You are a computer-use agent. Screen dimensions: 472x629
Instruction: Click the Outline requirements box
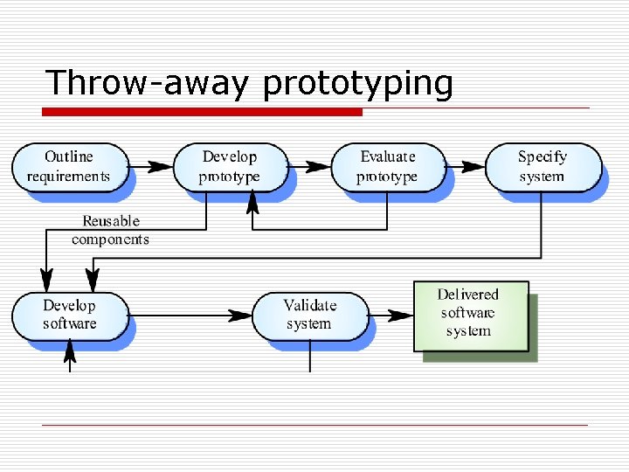[x=69, y=167]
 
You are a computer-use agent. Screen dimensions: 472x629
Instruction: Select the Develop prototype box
[x=230, y=167]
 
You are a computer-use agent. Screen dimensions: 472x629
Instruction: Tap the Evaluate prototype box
[x=387, y=167]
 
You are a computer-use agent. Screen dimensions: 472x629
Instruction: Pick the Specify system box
[x=543, y=167]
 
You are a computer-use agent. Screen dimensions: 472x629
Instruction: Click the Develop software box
[x=70, y=316]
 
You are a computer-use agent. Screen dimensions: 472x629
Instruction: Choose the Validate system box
[x=309, y=316]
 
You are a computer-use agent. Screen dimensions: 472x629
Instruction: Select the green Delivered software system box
[x=470, y=316]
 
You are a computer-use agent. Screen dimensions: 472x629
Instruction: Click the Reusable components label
[x=110, y=231]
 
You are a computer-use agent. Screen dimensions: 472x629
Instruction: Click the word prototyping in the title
[x=358, y=85]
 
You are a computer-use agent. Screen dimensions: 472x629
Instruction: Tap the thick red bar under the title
[x=203, y=112]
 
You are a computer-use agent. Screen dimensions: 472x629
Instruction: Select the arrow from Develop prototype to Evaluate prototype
[x=309, y=166]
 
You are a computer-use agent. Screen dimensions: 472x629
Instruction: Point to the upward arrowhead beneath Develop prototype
[x=253, y=203]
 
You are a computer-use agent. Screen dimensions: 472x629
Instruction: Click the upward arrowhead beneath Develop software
[x=71, y=351]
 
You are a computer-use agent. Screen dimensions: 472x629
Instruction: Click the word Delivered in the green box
[x=468, y=295]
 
